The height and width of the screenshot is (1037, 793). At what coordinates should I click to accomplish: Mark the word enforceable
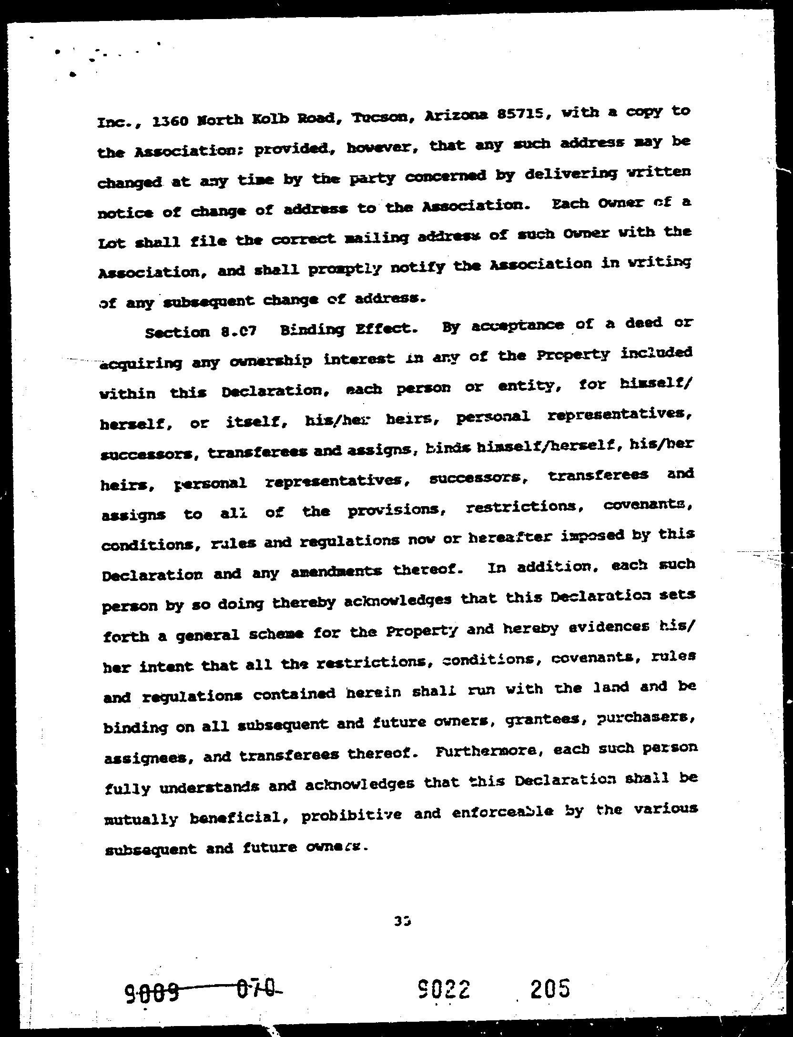click(501, 813)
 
